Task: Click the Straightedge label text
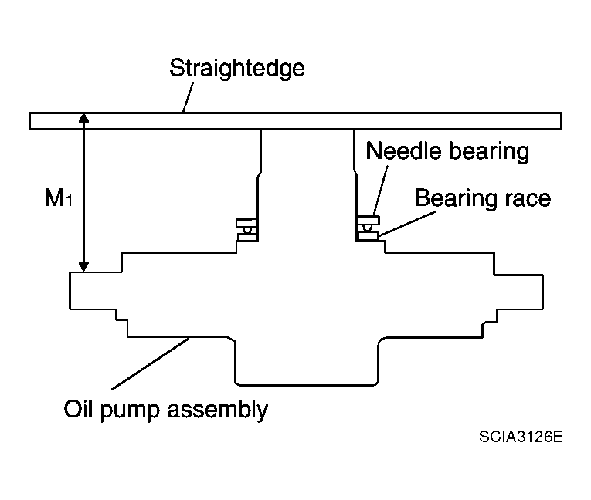coord(237,69)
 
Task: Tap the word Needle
coord(404,151)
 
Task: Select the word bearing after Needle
coord(489,152)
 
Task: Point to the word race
coord(528,199)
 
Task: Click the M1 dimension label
coord(58,198)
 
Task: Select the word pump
coord(129,411)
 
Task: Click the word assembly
coord(218,410)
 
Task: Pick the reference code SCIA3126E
coord(521,437)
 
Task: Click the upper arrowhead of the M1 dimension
coord(83,118)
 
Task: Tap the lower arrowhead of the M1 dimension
coord(83,266)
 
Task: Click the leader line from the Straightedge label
coord(188,97)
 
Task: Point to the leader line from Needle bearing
coord(381,190)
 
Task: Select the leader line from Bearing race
coord(407,224)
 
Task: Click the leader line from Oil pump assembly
coord(151,363)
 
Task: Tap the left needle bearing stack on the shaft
coord(247,230)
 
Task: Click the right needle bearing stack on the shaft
coord(368,228)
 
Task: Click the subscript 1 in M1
coord(69,201)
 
